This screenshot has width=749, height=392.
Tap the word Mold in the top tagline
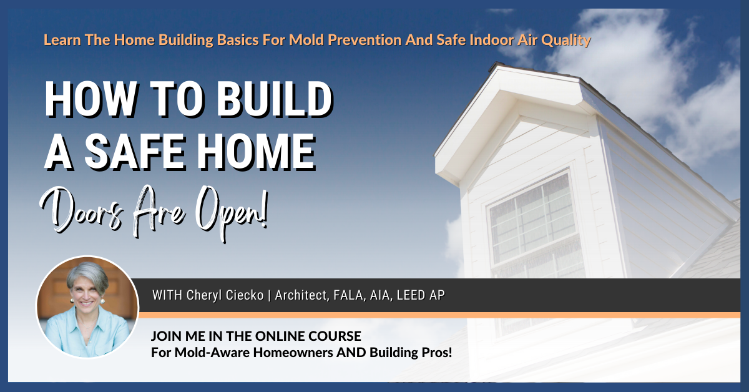(308, 41)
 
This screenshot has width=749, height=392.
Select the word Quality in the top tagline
(565, 41)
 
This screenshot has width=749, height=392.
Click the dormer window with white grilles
(528, 218)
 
